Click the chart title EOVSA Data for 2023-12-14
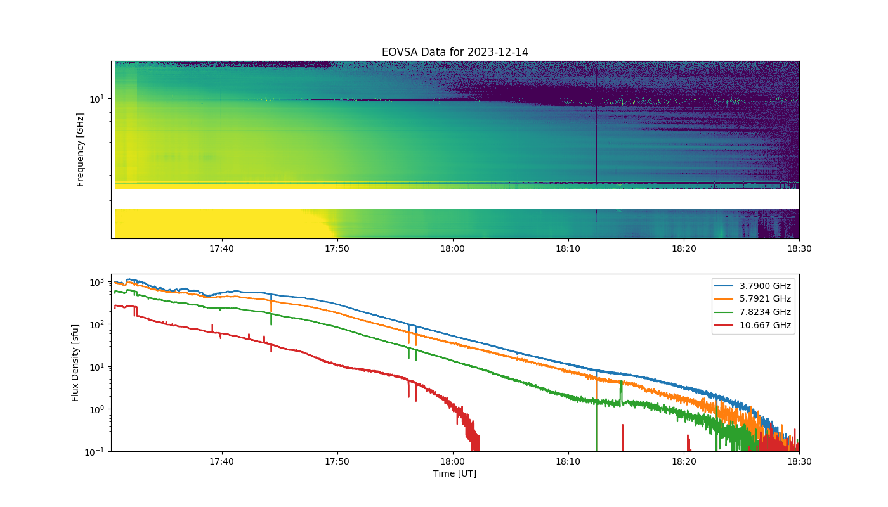[x=455, y=52]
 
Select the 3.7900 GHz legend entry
[x=753, y=286]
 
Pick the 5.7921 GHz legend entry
[x=753, y=298]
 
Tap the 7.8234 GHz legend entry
[x=753, y=312]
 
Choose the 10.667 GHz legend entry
[x=753, y=325]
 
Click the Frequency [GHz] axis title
[x=80, y=150]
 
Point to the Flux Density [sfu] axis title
[x=75, y=363]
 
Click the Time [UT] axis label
[x=455, y=473]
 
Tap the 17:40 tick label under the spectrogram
[x=221, y=248]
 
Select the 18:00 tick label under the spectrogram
[x=453, y=248]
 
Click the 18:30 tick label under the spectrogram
[x=799, y=248]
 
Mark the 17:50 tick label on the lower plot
[x=337, y=461]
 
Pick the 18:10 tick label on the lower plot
[x=568, y=461]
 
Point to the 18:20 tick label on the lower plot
[x=684, y=461]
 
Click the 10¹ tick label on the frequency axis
[x=96, y=99]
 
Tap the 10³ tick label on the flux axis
[x=96, y=282]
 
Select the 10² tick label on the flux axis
[x=96, y=324]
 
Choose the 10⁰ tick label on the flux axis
[x=96, y=409]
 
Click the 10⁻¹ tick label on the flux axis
[x=95, y=451]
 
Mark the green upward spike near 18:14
[x=621, y=393]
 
